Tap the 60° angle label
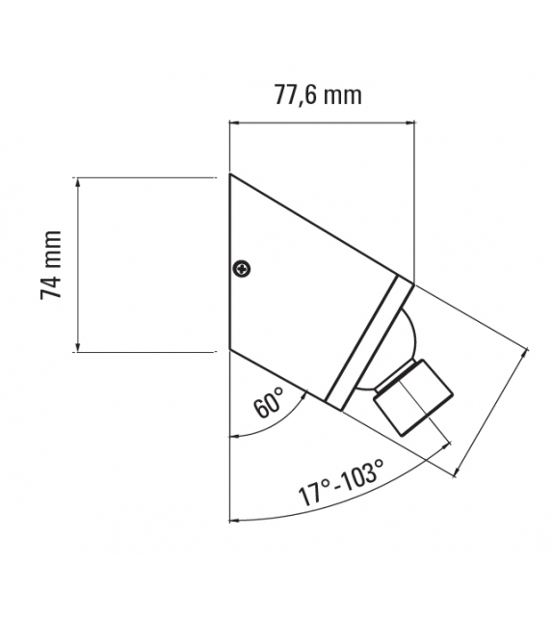pos(269,402)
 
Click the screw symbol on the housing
pos(242,269)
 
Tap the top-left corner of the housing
pos(230,175)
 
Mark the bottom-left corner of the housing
pos(230,351)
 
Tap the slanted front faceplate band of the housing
pos(370,341)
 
